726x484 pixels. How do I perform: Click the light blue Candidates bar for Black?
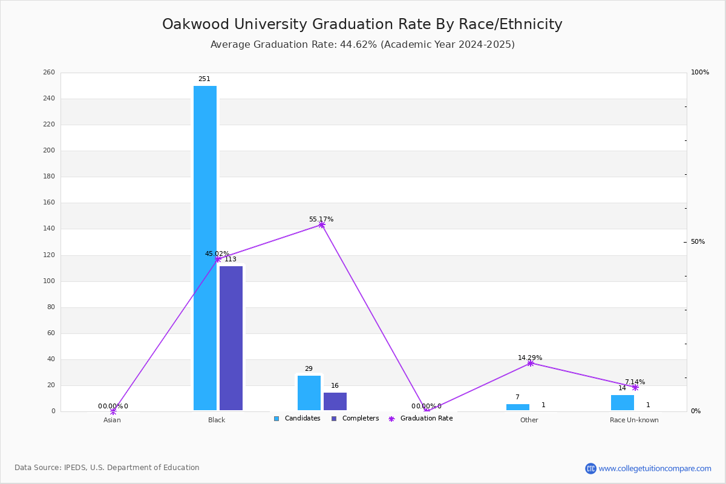click(205, 248)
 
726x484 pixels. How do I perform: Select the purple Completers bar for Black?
click(231, 338)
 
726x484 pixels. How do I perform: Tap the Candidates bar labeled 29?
click(309, 393)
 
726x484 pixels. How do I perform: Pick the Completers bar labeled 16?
click(335, 401)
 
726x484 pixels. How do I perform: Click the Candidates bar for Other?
click(518, 407)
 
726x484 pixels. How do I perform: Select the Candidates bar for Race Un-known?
click(623, 402)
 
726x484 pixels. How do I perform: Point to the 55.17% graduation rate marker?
click(321, 224)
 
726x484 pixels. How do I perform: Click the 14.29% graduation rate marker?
click(531, 363)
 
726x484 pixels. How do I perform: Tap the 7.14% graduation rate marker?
click(635, 387)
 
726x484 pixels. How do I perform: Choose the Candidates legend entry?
click(298, 419)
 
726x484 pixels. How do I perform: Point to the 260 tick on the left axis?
click(49, 73)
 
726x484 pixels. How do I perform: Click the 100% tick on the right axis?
click(700, 73)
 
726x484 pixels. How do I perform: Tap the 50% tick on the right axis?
click(698, 242)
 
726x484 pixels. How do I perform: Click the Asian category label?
click(112, 420)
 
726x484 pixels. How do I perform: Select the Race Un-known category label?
click(634, 420)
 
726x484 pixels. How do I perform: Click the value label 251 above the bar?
click(204, 79)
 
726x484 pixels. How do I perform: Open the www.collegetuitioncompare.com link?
click(655, 468)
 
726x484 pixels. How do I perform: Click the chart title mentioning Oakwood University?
click(362, 25)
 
